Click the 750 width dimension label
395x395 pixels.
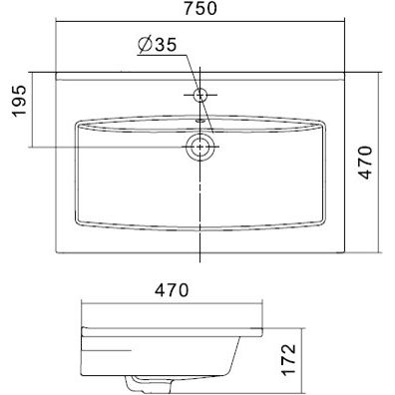click(x=200, y=9)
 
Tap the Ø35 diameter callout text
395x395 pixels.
click(x=157, y=45)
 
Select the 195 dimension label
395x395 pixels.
click(x=19, y=101)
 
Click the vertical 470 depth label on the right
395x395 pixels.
click(x=366, y=163)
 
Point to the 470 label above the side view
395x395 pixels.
click(x=172, y=290)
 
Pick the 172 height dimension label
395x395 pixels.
click(x=288, y=360)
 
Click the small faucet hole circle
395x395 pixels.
click(x=200, y=95)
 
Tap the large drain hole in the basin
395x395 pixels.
click(x=200, y=147)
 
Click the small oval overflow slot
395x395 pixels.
click(x=200, y=121)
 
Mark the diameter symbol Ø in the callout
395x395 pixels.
click(x=146, y=45)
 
